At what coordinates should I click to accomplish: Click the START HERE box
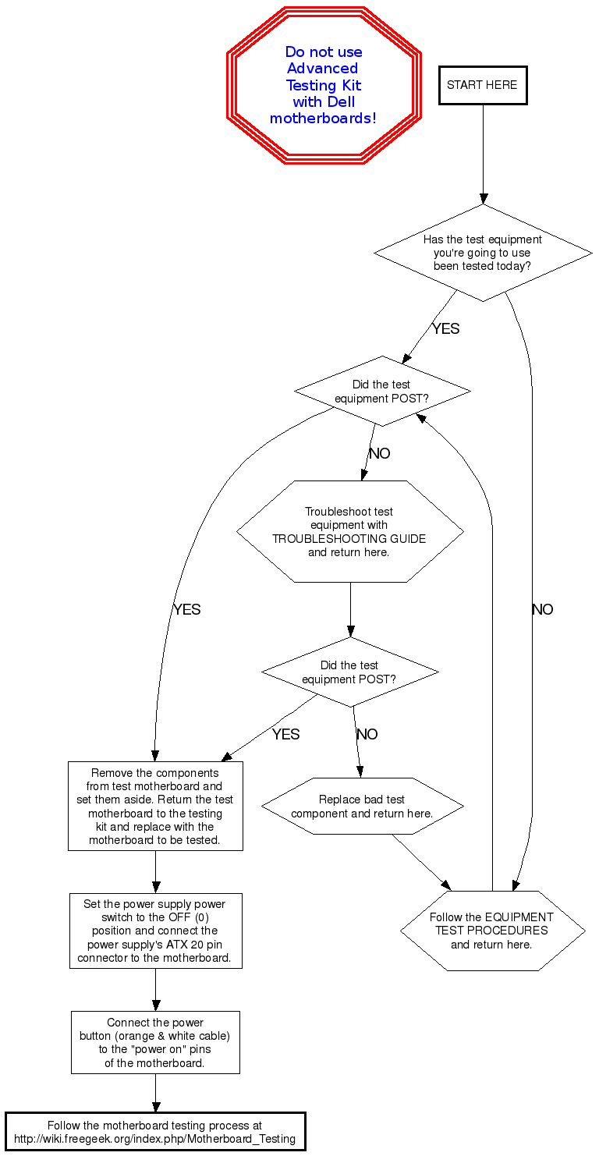[483, 85]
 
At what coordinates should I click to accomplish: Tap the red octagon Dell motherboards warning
[324, 85]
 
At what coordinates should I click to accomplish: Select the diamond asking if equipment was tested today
[483, 253]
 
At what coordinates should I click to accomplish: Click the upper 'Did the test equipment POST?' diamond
[382, 391]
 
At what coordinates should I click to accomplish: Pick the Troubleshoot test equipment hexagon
[349, 531]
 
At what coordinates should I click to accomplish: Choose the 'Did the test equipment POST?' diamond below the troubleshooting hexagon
[349, 672]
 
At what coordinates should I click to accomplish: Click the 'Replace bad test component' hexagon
[362, 806]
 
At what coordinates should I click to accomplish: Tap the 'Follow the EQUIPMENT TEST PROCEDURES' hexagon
[492, 931]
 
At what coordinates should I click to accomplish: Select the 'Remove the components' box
[155, 806]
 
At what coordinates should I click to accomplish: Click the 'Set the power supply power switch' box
[155, 931]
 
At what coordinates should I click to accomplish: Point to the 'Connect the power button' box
[155, 1042]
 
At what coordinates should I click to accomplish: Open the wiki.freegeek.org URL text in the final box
[155, 1139]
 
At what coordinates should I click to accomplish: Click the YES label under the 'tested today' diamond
[446, 329]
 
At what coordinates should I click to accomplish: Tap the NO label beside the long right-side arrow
[542, 610]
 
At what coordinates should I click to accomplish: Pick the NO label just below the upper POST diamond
[380, 454]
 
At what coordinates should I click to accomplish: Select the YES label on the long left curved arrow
[187, 610]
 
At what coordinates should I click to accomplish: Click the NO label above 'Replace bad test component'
[367, 735]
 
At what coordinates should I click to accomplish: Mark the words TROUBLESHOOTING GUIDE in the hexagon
[349, 539]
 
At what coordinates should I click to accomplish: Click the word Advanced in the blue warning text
[322, 69]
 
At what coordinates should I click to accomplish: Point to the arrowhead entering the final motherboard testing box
[155, 1107]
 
